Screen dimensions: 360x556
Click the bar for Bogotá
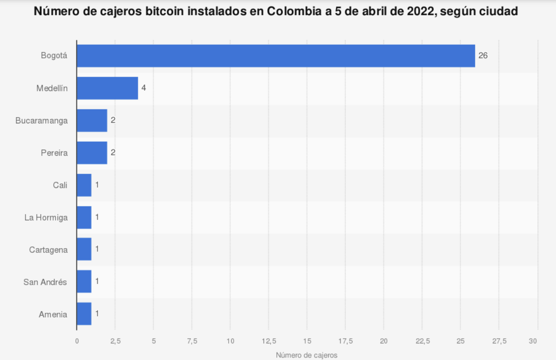point(275,56)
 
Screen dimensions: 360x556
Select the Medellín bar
point(107,88)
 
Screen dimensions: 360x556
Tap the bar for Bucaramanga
point(92,120)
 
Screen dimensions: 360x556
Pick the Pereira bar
point(92,153)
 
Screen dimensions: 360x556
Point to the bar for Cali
point(84,185)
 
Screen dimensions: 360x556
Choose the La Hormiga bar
point(84,217)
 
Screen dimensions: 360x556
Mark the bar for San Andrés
point(84,281)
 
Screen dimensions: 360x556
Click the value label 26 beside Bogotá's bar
point(483,56)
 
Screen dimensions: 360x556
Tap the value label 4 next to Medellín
point(144,88)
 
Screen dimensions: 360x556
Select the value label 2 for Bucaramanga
point(113,120)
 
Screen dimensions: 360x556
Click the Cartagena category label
point(48,250)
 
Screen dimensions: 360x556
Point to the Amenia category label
point(53,314)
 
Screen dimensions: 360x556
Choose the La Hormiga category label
point(46,217)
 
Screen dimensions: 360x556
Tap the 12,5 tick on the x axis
point(269,341)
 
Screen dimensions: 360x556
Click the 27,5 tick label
point(499,341)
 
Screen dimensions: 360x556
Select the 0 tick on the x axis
point(77,341)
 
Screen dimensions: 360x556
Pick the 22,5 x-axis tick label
point(422,341)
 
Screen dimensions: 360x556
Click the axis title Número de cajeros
point(307,355)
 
